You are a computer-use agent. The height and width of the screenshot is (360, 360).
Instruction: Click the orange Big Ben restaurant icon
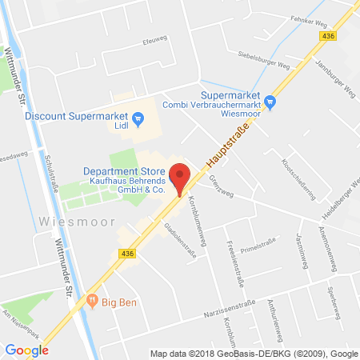click(93, 302)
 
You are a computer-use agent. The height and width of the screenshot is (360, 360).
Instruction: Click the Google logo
click(26, 350)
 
